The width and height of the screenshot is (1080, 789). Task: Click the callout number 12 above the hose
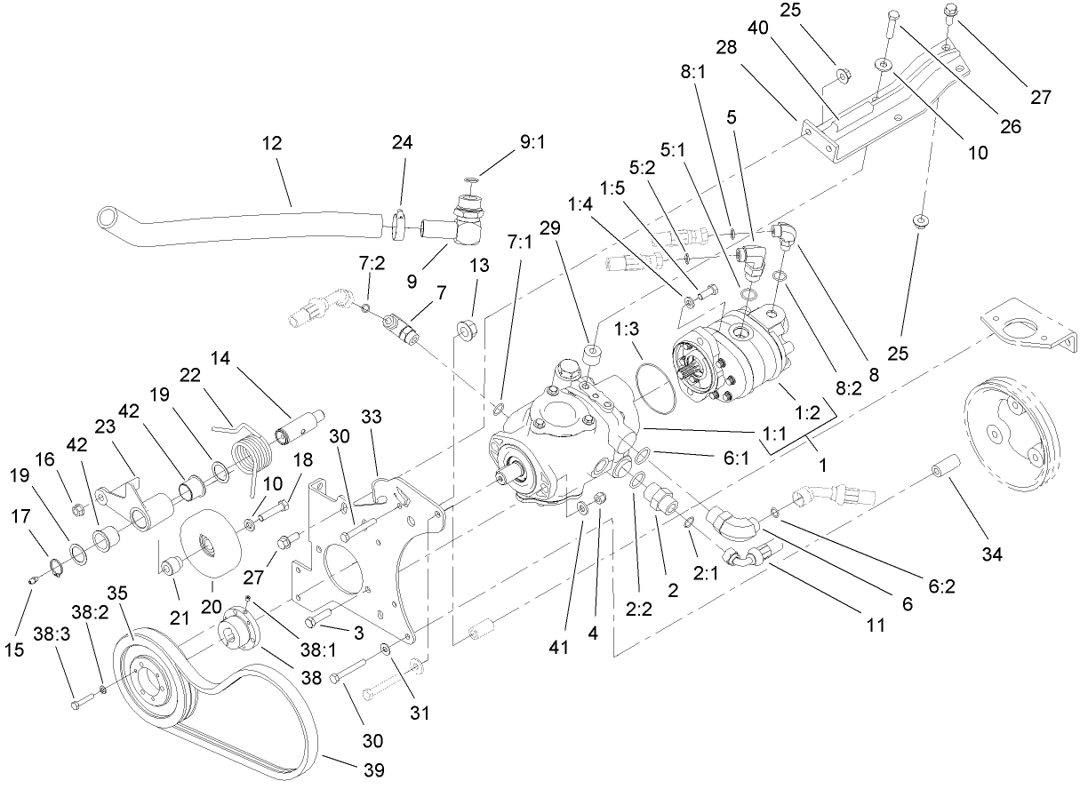click(273, 143)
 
